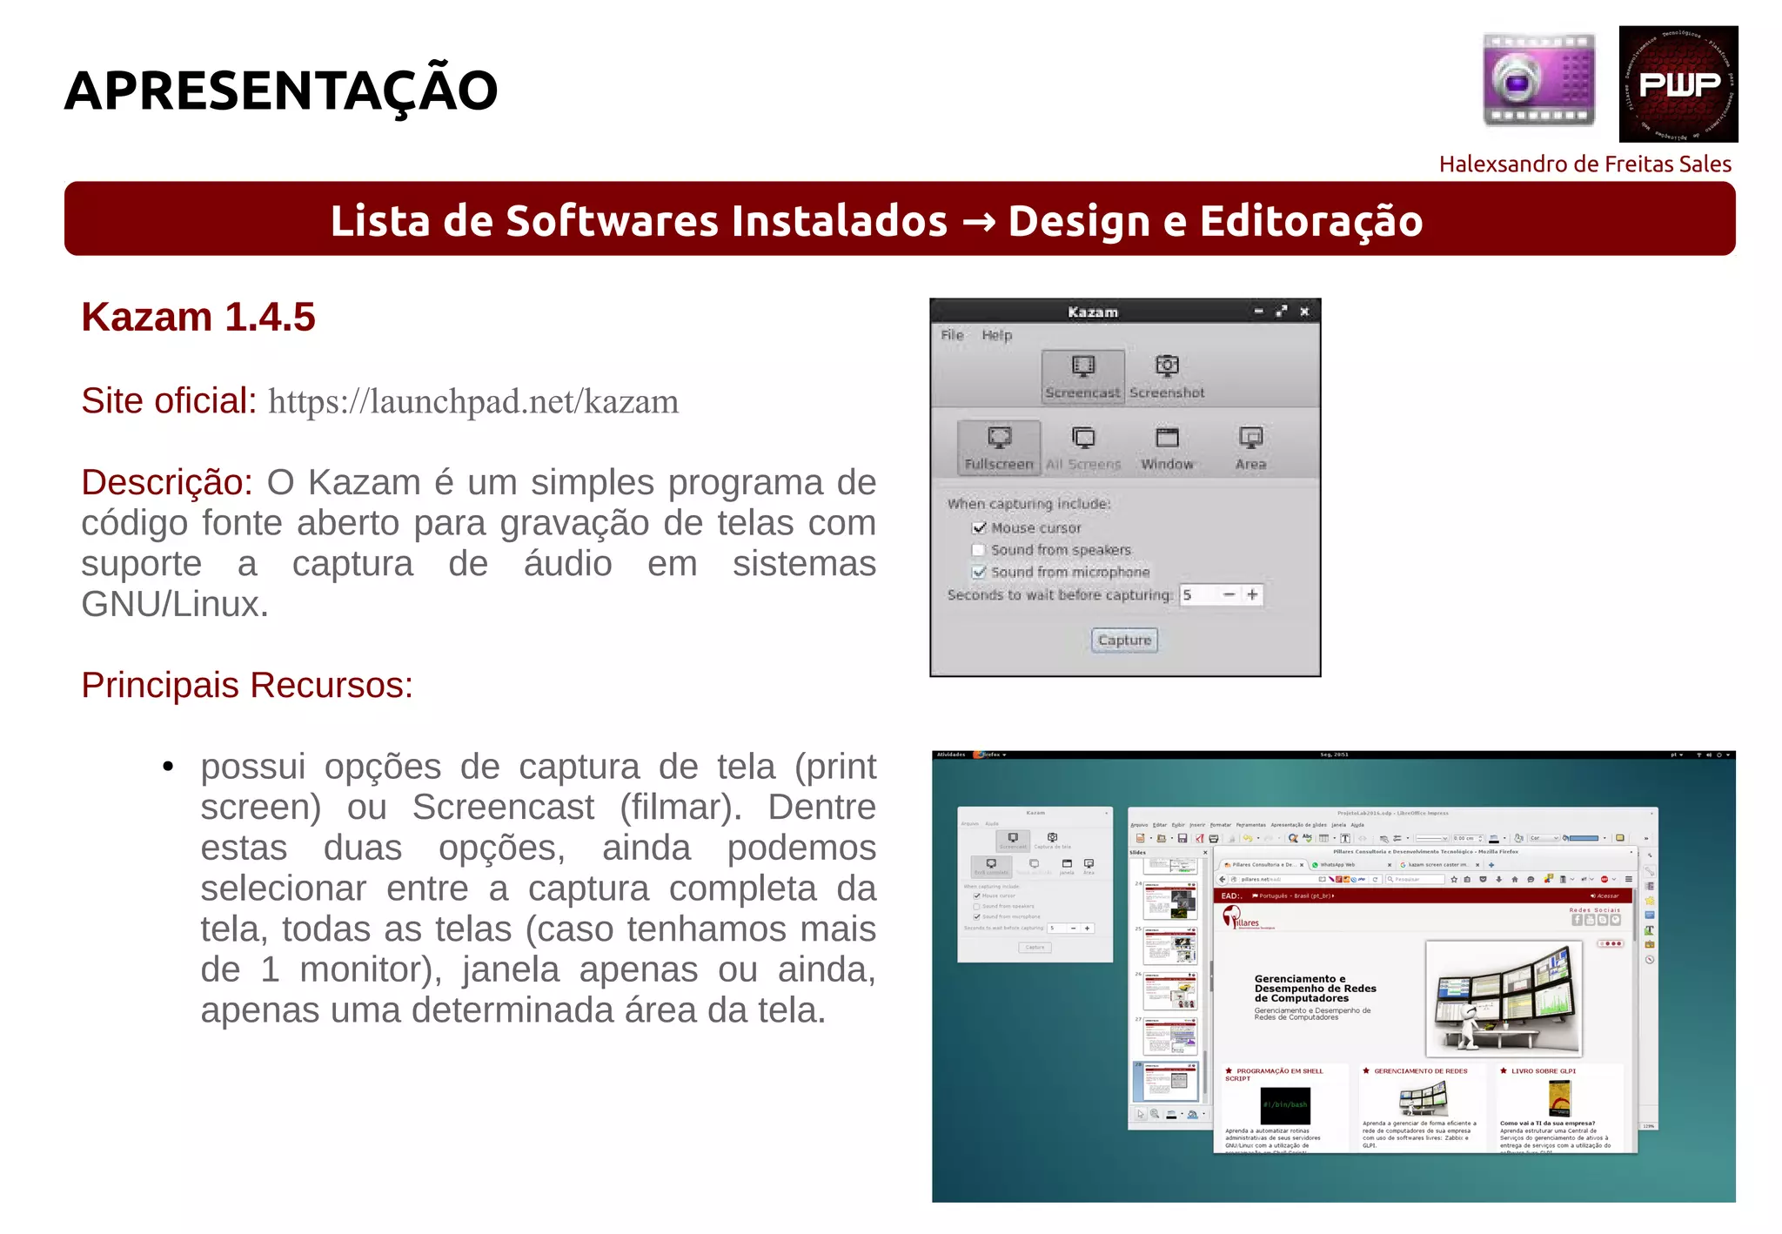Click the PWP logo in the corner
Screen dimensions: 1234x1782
tap(1678, 84)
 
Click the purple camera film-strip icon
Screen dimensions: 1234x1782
tap(1538, 80)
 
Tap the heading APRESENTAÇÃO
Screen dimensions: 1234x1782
tap(281, 91)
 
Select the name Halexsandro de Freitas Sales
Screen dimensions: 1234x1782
tap(1584, 164)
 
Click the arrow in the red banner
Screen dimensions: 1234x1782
tap(978, 222)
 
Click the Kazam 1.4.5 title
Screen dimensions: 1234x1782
tap(198, 318)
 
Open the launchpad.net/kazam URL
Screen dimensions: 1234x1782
tap(472, 402)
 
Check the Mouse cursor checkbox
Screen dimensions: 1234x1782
tap(980, 528)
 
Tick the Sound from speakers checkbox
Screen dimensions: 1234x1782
tap(980, 550)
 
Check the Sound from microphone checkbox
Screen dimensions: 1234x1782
tap(980, 572)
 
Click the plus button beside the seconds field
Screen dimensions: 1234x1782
tap(1252, 595)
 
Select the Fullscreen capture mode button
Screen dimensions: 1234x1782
tap(999, 447)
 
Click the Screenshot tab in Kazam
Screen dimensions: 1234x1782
tap(1167, 376)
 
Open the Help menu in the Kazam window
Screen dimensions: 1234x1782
tap(996, 335)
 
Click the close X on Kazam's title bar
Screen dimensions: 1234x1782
tap(1304, 312)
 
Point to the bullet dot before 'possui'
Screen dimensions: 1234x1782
tap(169, 767)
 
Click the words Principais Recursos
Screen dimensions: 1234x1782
tap(247, 686)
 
